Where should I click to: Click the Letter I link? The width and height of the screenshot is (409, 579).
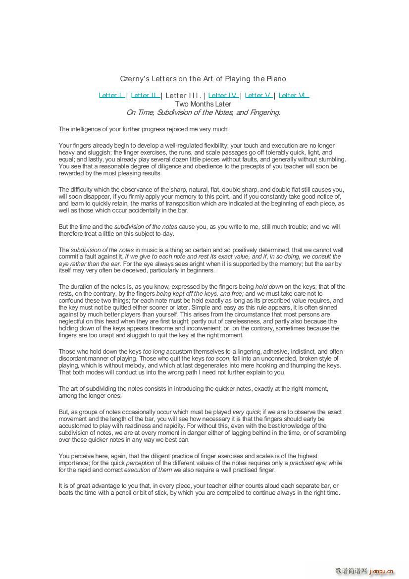(x=111, y=96)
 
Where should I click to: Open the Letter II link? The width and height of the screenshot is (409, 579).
(x=145, y=96)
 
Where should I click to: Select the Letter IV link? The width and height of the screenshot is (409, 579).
(x=223, y=96)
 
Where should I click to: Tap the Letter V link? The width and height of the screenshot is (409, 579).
(x=258, y=96)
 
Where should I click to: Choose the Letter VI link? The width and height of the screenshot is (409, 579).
(x=293, y=96)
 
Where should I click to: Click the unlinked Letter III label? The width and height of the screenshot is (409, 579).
(x=183, y=96)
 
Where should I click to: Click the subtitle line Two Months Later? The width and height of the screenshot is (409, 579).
(x=203, y=104)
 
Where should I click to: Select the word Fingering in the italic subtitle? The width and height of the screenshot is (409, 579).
(x=264, y=112)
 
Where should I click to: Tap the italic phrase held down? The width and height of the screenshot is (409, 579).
(x=268, y=287)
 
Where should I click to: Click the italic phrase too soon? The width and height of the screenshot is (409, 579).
(x=217, y=359)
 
